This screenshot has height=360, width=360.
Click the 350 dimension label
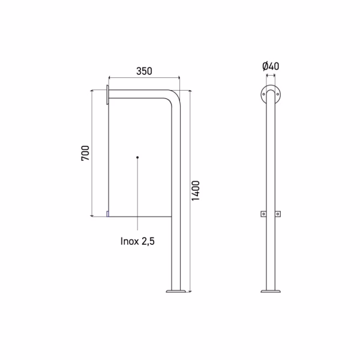coord(144,71)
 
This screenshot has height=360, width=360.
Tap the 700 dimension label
coord(85,153)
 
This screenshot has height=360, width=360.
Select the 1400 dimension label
coord(196,191)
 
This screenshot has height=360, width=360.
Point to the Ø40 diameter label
coord(271,66)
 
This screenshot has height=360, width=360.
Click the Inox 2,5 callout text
coord(137,241)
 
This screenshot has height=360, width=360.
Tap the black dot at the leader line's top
coord(137,157)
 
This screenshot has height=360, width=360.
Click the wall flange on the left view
coord(107,94)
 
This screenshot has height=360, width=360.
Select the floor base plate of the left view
coord(176,291)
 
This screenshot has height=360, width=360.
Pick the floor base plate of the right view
coord(271,291)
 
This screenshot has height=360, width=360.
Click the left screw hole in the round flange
coord(263,94)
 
